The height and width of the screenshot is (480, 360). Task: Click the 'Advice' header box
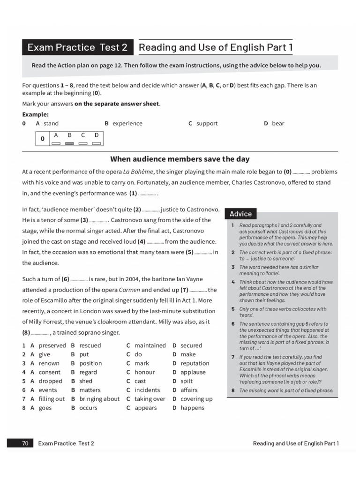[x=241, y=214]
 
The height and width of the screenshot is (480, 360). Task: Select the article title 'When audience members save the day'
[x=180, y=159]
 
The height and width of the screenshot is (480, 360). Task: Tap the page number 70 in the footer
[x=25, y=443]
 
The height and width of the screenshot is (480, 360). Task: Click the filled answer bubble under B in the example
[x=69, y=143]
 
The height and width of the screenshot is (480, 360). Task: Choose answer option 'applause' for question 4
[x=193, y=372]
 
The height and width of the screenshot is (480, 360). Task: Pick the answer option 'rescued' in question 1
[x=90, y=345]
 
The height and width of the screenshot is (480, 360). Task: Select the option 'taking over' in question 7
[x=150, y=399]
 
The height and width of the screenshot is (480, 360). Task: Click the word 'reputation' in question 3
[x=195, y=363]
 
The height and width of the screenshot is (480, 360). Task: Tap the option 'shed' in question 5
[x=86, y=381]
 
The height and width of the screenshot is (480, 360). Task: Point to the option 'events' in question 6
[x=47, y=390]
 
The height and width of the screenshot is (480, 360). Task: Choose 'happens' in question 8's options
[x=192, y=408]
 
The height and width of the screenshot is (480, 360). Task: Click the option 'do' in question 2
[x=138, y=354]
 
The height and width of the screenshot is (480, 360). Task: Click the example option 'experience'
[x=127, y=123]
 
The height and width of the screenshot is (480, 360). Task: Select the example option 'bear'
[x=278, y=123]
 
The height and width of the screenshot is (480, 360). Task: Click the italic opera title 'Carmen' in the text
[x=129, y=290]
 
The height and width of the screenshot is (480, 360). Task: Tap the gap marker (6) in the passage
[x=65, y=279]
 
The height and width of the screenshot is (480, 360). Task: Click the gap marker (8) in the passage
[x=26, y=332]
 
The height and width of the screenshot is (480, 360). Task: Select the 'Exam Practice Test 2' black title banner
[x=77, y=47]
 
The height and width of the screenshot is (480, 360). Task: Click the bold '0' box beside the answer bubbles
[x=42, y=139]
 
